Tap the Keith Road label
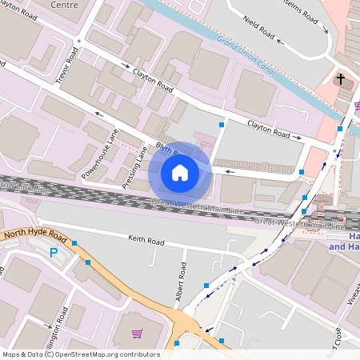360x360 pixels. (x=146, y=241)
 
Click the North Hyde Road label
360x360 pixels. (x=33, y=234)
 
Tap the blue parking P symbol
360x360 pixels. (x=54, y=254)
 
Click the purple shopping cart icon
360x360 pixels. (x=137, y=334)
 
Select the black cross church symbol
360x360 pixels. (x=340, y=80)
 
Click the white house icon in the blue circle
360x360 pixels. (x=180, y=172)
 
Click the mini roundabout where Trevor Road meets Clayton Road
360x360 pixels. (x=78, y=40)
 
